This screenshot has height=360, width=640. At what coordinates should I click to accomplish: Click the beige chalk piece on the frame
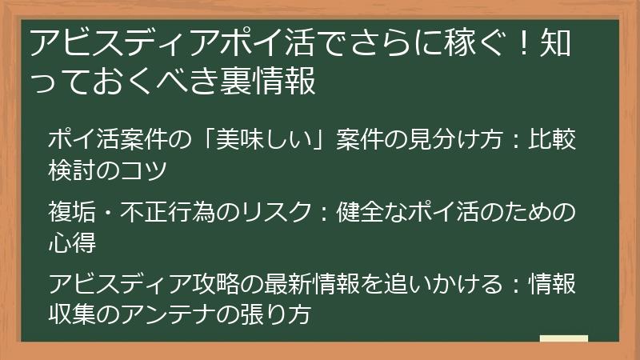pos(564,338)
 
